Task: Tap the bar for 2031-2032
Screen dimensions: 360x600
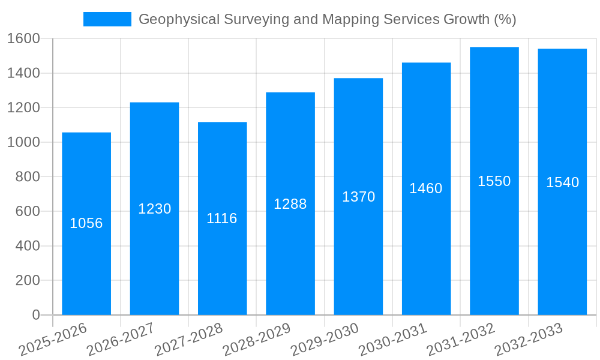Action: click(x=494, y=252)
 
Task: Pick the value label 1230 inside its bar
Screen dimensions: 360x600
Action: click(x=155, y=209)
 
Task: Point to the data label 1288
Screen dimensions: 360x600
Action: click(x=290, y=204)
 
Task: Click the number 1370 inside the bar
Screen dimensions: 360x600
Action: click(x=358, y=197)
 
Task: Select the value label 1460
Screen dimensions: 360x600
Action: click(x=426, y=188)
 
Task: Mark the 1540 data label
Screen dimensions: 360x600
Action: click(x=562, y=182)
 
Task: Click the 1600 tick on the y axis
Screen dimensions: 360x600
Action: click(x=23, y=39)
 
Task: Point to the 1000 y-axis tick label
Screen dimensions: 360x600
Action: click(x=23, y=143)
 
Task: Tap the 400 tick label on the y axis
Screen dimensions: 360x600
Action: click(x=28, y=246)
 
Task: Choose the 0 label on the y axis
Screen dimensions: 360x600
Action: click(x=36, y=315)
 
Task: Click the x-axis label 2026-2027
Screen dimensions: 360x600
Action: click(x=121, y=340)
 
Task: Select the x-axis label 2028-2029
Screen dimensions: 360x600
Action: click(x=257, y=340)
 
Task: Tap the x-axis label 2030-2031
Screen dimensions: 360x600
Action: click(x=392, y=340)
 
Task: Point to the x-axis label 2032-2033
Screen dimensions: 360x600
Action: click(x=529, y=340)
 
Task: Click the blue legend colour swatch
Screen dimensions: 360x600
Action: click(x=107, y=19)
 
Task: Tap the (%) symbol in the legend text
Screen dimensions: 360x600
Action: click(x=505, y=19)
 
